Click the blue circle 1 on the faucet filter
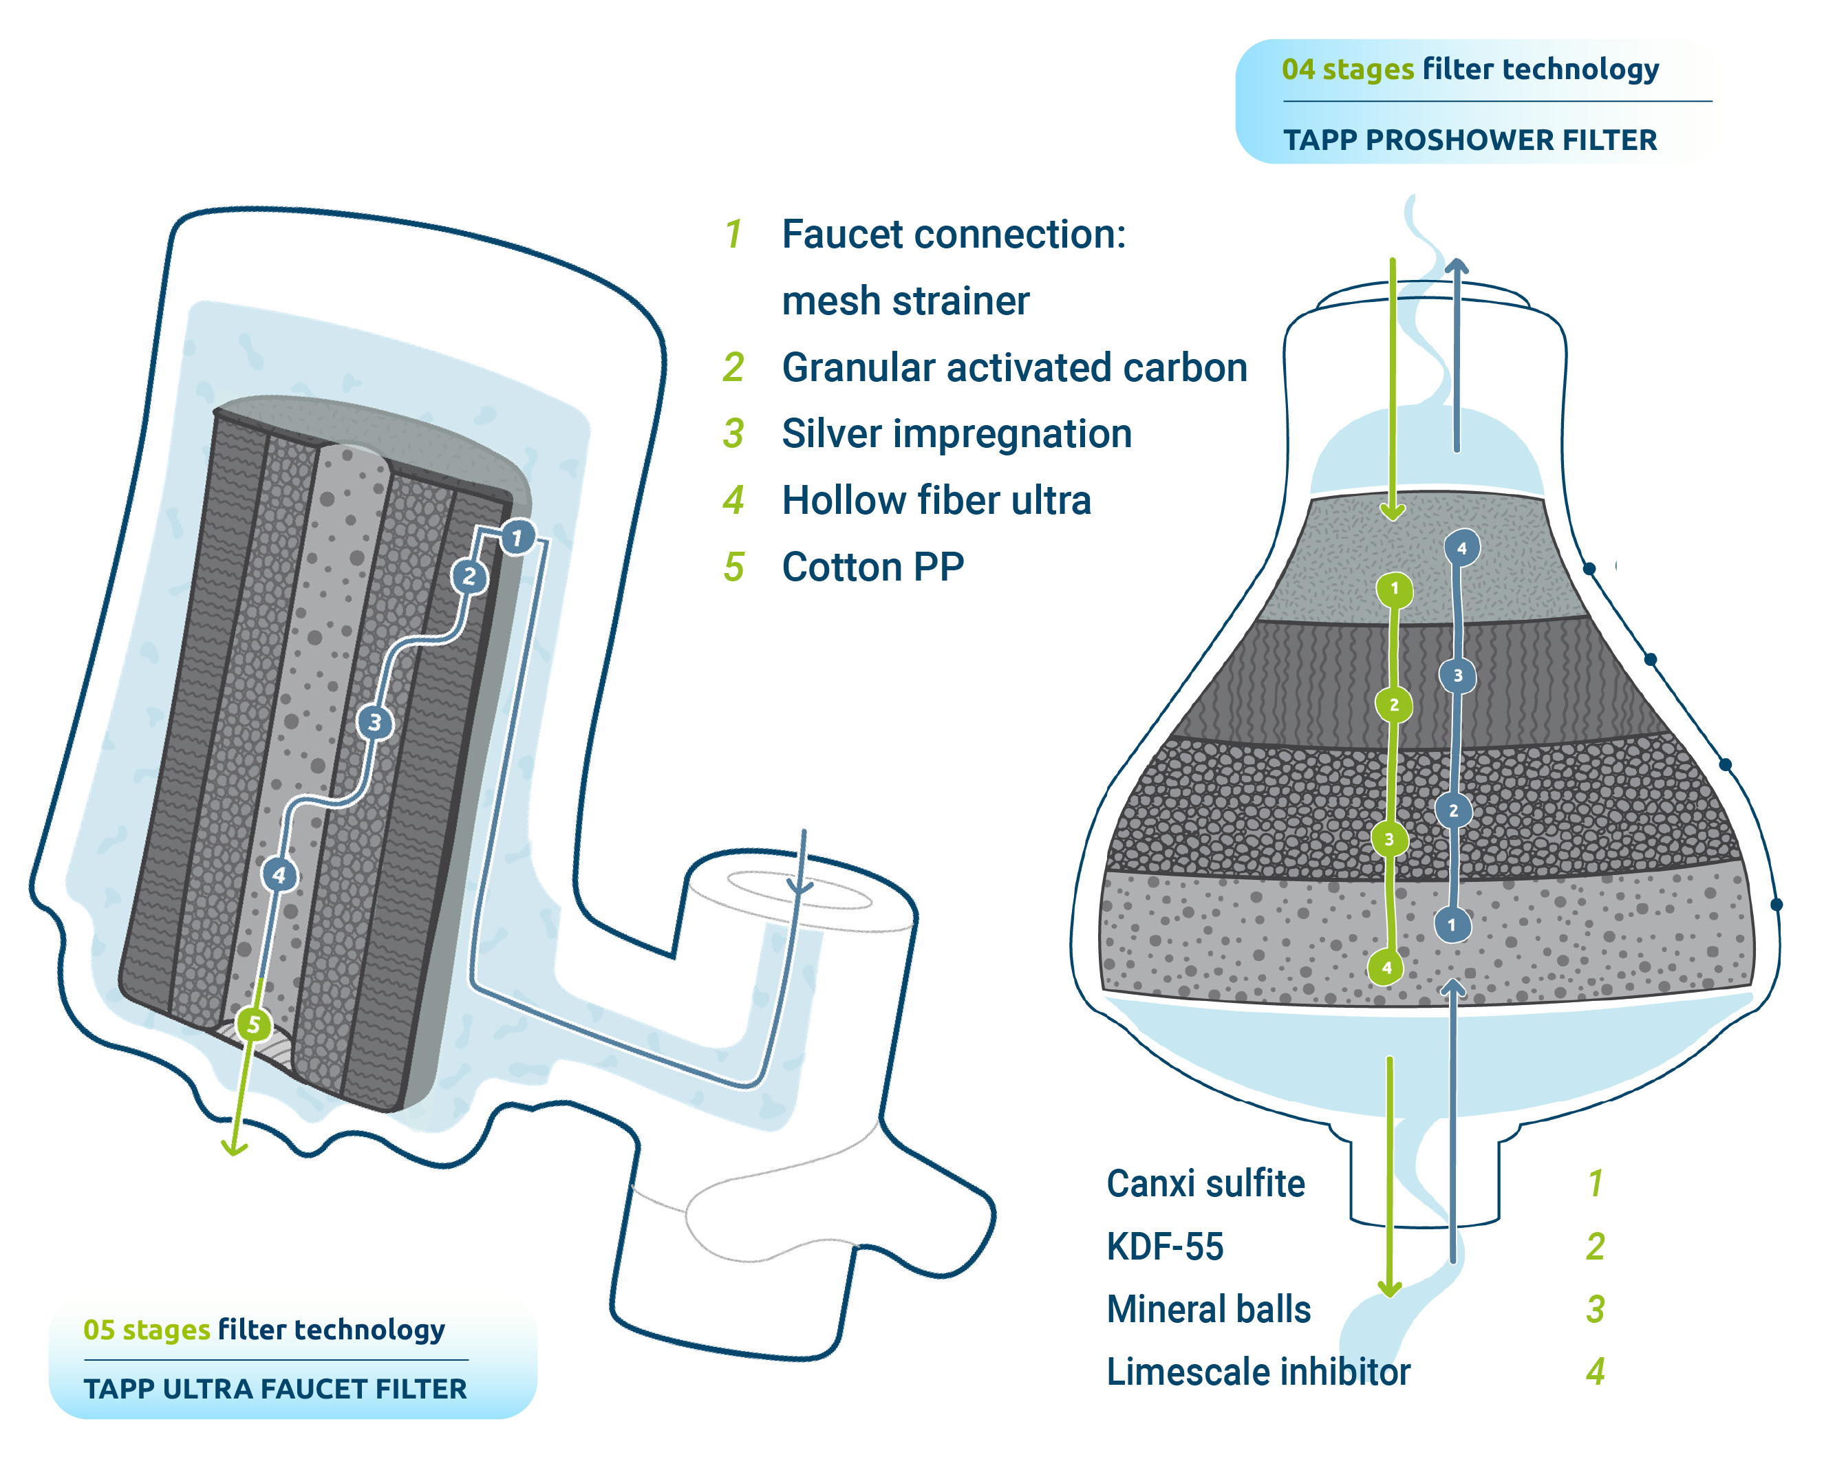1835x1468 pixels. coord(517,538)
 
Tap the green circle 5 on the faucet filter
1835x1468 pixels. coord(253,1024)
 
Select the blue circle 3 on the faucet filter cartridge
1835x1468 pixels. coord(374,722)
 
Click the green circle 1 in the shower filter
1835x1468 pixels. coord(1394,589)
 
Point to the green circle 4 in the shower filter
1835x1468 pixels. coord(1386,968)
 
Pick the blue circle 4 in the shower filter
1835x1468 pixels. coord(1462,548)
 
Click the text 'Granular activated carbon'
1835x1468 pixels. coord(1015,367)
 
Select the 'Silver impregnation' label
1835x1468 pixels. coord(956,434)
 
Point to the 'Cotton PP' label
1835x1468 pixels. coord(873,568)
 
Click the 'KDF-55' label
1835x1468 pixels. coord(1164,1246)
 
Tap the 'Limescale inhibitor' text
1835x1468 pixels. coord(1258,1372)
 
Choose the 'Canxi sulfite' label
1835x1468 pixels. coord(1205,1184)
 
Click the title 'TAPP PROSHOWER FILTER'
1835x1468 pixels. coord(1470,140)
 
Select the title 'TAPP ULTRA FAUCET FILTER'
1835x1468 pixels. coord(275,1389)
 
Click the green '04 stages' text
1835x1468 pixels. coord(1347,69)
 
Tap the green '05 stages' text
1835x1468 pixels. coord(147,1329)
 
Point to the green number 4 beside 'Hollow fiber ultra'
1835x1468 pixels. coord(733,500)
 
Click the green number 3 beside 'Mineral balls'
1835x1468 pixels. coord(1596,1310)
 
